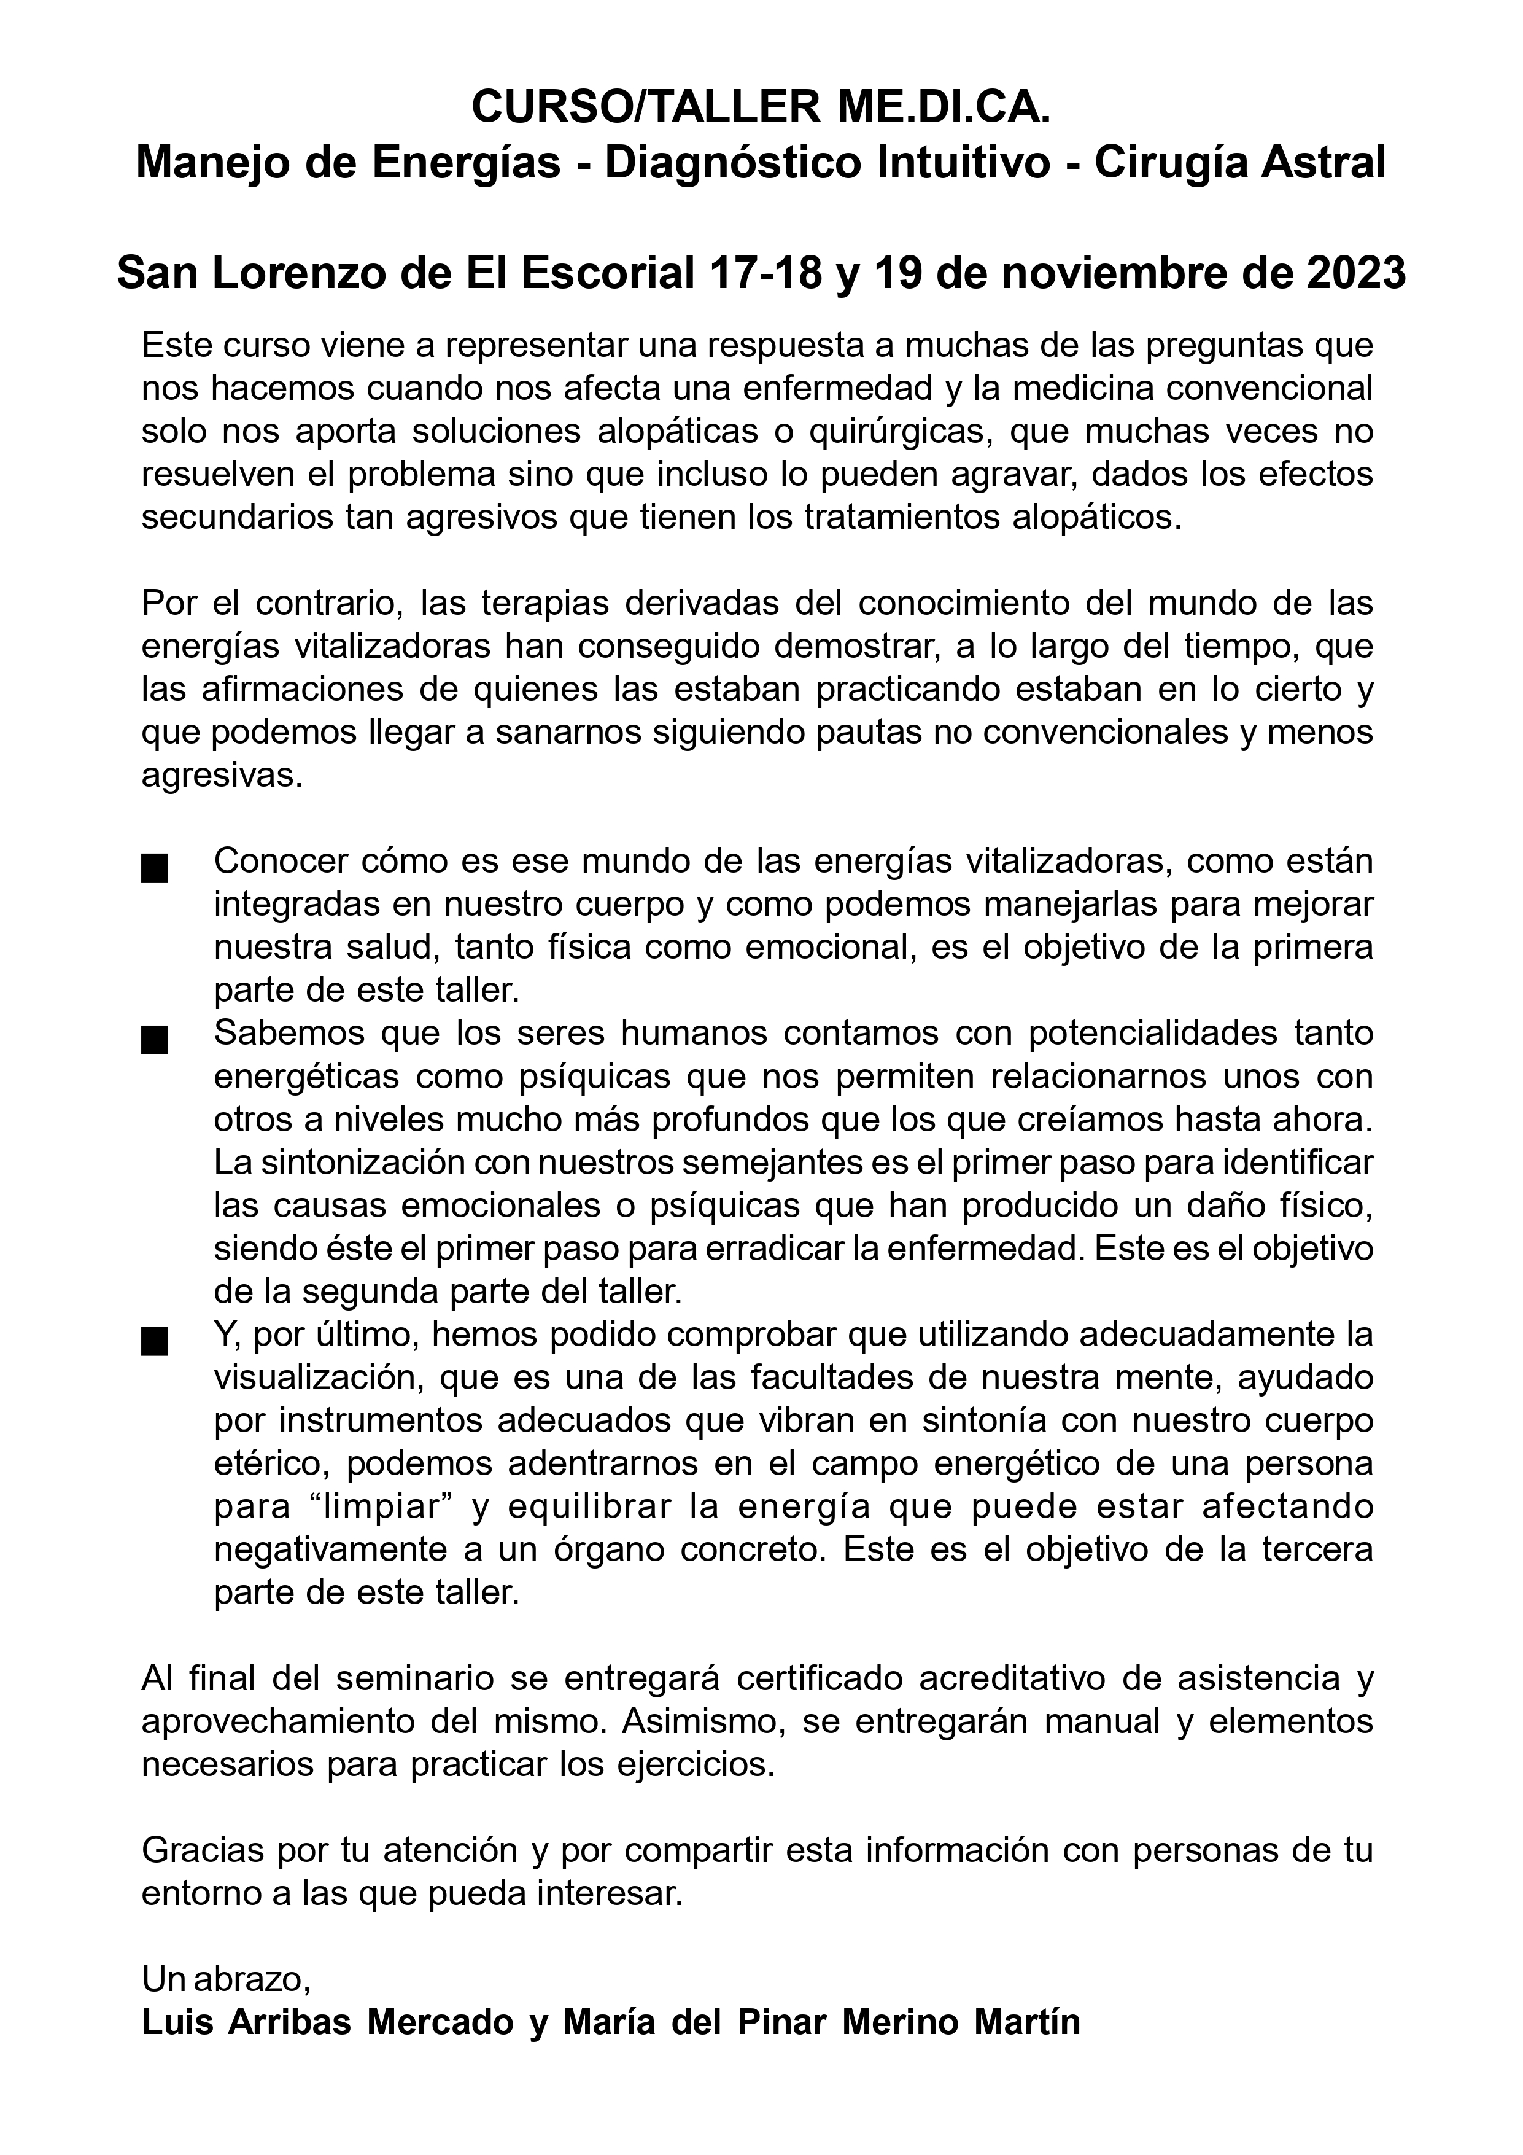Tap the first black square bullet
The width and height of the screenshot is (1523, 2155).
coord(154,869)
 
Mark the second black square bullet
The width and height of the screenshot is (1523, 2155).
coord(154,1041)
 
